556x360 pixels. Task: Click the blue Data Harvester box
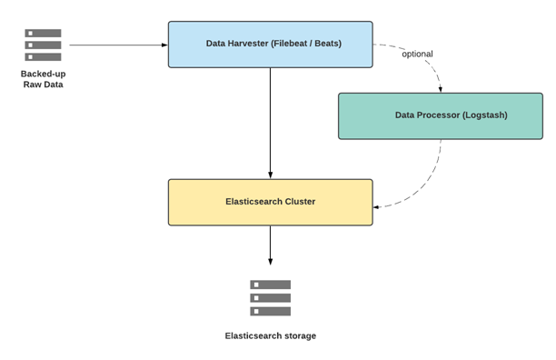270,45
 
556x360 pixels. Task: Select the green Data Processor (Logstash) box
441,116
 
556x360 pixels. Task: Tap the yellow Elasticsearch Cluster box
270,202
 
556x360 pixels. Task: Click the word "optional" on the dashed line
417,54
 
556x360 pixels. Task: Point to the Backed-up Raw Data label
44,79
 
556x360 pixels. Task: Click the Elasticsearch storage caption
270,335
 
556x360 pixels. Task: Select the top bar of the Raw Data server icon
43,33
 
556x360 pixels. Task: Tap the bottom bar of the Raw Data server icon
43,56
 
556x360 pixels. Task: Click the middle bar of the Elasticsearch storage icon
270,298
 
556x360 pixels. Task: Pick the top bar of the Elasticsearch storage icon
270,285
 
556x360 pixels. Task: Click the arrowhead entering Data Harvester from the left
164,45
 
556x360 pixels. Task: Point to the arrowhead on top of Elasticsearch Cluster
270,175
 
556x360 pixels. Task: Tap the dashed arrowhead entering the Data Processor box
441,89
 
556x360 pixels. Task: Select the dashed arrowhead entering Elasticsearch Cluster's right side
376,206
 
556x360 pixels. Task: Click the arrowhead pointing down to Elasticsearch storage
270,262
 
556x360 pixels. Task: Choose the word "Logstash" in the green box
485,115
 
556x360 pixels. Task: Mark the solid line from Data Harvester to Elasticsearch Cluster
270,123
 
